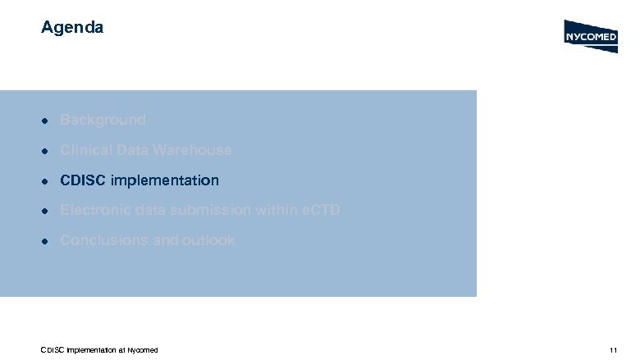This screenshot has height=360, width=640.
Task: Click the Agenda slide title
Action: (72, 28)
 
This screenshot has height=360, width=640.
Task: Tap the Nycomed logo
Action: (591, 36)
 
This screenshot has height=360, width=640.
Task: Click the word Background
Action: (103, 120)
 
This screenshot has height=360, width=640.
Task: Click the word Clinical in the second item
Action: (85, 150)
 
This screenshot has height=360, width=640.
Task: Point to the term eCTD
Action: (319, 211)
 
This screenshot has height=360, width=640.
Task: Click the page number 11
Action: (613, 350)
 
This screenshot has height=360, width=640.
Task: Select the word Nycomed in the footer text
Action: (142, 350)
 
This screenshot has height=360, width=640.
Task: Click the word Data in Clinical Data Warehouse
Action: (132, 150)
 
